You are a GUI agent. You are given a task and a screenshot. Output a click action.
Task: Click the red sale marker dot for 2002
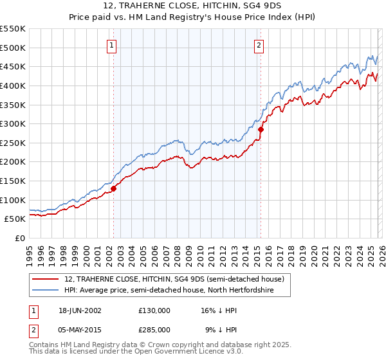pos(113,188)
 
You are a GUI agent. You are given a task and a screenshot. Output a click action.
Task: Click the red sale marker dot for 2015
pos(261,129)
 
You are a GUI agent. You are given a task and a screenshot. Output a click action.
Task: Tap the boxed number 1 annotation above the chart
pos(112,45)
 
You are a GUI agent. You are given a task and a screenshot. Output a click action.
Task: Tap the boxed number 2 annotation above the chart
pos(259,45)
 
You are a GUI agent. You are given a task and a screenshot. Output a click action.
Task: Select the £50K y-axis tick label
pos(15,219)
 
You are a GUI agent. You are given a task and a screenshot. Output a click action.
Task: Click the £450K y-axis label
pos(13,66)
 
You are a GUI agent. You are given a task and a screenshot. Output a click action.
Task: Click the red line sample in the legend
pos(46,279)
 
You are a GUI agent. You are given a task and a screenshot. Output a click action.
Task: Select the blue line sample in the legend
pos(46,291)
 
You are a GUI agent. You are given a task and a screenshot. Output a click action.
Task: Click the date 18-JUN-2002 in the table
pos(80,310)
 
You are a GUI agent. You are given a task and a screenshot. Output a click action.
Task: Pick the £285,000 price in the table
pos(154,329)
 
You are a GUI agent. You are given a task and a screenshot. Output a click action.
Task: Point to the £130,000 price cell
pos(154,310)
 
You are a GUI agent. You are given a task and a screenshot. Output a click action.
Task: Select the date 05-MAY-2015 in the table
pos(80,329)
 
